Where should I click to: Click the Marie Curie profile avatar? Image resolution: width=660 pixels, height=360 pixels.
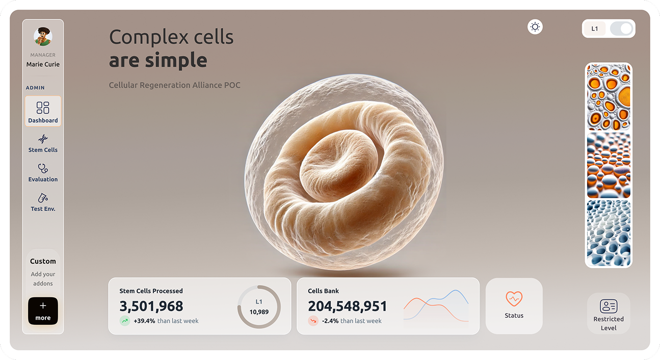43,37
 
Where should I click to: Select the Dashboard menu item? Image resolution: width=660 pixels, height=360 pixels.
43,111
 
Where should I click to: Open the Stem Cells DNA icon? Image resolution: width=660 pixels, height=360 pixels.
43,139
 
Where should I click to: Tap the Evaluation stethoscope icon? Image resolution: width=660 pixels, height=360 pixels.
43,168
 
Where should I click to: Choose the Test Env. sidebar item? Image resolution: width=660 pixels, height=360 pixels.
43,202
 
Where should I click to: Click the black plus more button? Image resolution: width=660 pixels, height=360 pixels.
43,311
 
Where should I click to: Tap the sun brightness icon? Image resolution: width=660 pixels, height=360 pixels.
535,27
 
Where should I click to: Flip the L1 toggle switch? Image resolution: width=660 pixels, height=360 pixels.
621,29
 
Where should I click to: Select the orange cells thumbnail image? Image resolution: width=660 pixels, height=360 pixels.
609,97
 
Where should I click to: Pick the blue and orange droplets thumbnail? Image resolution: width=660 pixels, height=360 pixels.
609,165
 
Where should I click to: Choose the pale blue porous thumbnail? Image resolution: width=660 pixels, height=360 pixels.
609,233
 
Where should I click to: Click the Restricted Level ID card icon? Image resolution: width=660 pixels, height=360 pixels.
609,306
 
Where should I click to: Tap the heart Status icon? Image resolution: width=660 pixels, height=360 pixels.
514,299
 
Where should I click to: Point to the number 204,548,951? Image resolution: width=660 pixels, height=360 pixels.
348,306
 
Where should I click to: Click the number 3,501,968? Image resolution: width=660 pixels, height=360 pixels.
151,306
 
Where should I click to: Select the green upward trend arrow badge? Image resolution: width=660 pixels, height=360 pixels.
125,321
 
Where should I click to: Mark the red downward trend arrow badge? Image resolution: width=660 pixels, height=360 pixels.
313,321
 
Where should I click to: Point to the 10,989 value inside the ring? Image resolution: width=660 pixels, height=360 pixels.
259,312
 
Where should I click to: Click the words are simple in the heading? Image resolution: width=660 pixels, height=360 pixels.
158,60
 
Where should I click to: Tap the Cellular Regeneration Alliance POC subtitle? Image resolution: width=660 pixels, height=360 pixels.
175,85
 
